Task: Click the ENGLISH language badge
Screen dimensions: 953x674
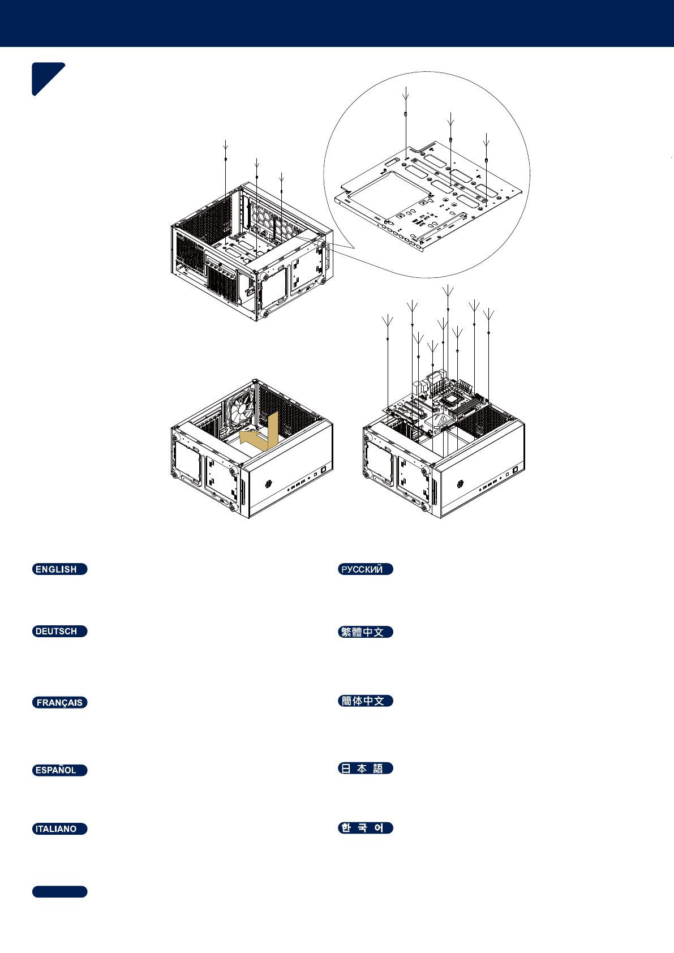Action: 59,569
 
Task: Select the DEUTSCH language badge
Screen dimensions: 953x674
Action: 59,632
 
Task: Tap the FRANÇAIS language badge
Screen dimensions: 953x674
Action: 59,703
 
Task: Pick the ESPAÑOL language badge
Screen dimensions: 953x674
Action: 59,770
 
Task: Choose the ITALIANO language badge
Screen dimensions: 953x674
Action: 59,829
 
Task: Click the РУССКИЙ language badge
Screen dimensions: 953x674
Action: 365,569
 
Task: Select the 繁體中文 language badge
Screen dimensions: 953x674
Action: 365,632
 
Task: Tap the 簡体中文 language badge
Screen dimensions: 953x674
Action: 365,701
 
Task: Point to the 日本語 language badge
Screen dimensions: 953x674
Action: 365,769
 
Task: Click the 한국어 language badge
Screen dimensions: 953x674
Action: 365,828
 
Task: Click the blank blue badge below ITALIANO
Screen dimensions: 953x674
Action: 59,892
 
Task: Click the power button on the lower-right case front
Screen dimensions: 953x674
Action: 516,470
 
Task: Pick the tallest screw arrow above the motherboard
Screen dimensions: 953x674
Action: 448,294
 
